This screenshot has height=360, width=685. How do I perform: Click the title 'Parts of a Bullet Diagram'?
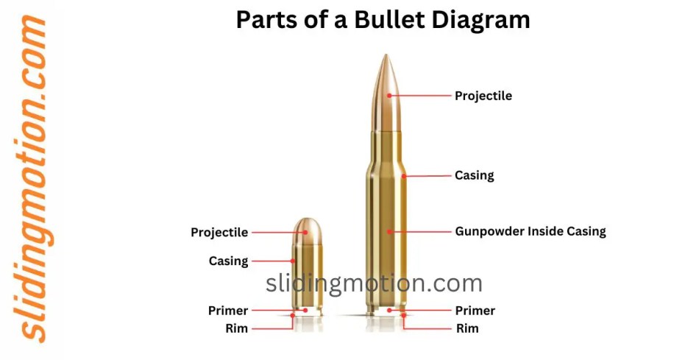[x=383, y=20]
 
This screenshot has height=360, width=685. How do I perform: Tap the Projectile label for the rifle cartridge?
[x=483, y=96]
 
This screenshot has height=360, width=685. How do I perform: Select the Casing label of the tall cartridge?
[x=474, y=175]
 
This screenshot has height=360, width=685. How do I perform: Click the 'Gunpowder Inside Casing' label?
[x=530, y=231]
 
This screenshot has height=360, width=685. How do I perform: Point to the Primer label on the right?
[x=475, y=311]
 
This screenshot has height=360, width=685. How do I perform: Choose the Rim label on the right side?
[x=467, y=328]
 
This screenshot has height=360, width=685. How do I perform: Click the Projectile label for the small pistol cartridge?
[x=219, y=233]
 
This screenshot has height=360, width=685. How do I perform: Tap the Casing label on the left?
[x=229, y=261]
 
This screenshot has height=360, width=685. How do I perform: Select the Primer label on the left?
[x=228, y=311]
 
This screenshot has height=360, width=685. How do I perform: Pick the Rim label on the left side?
[x=236, y=328]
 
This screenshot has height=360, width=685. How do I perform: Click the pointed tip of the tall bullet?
[x=386, y=54]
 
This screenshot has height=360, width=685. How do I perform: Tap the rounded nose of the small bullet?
[x=308, y=220]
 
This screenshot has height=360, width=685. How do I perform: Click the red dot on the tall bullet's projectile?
[x=388, y=95]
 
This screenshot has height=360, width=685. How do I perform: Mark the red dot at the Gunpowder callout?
[x=388, y=232]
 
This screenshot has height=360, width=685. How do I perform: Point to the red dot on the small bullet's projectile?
[x=306, y=233]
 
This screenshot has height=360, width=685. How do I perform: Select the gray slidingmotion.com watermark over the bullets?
[x=374, y=283]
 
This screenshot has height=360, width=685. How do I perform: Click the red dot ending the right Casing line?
[x=404, y=177]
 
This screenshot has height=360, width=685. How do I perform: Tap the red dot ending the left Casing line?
[x=293, y=261]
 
